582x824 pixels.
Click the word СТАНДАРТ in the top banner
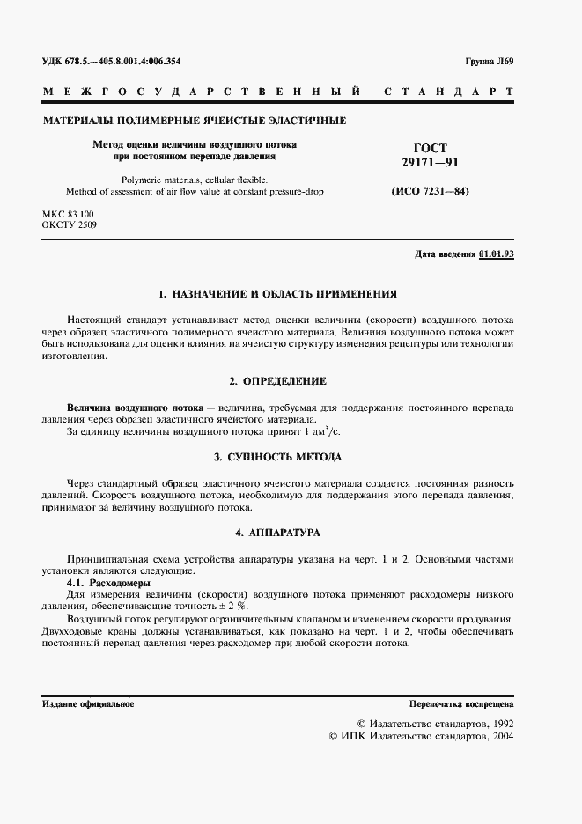point(448,92)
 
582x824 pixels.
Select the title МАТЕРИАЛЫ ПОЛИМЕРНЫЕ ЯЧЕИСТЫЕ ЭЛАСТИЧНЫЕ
point(194,121)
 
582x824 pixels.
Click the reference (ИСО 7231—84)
point(431,191)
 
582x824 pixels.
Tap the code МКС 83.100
point(68,214)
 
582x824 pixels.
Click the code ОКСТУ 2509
point(70,225)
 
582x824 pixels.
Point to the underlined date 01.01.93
point(497,254)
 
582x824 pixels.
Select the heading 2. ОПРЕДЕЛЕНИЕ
point(276,381)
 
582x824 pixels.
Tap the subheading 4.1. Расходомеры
point(109,583)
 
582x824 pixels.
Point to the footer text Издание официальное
point(88,704)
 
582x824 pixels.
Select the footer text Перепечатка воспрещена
point(461,704)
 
